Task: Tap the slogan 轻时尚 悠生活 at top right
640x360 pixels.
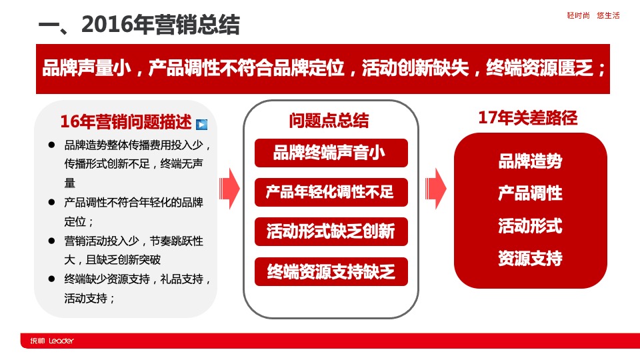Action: [x=593, y=15]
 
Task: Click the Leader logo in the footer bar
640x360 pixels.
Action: [x=52, y=341]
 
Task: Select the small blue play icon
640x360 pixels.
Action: [x=201, y=124]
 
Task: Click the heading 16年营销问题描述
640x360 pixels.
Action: [x=126, y=121]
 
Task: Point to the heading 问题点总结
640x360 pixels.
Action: [x=329, y=121]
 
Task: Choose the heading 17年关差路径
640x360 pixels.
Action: [x=528, y=117]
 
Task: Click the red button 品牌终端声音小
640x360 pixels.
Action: [x=331, y=153]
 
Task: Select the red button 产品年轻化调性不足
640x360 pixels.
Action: [x=331, y=192]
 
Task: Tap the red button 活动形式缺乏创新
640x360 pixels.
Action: [x=331, y=231]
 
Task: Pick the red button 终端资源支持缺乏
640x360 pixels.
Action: [x=331, y=271]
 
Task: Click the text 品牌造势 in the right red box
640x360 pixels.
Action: [x=530, y=161]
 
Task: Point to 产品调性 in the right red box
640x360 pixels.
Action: [x=530, y=193]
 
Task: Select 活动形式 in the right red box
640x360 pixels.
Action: [x=530, y=226]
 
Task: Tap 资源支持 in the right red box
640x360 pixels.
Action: [x=530, y=258]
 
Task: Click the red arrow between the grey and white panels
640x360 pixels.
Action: [x=230, y=189]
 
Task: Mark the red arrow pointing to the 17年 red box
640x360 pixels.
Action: [x=436, y=189]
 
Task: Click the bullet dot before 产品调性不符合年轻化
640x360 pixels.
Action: [x=51, y=202]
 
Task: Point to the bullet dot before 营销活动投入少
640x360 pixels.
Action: [x=51, y=241]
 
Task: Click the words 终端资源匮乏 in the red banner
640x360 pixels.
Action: [x=539, y=68]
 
